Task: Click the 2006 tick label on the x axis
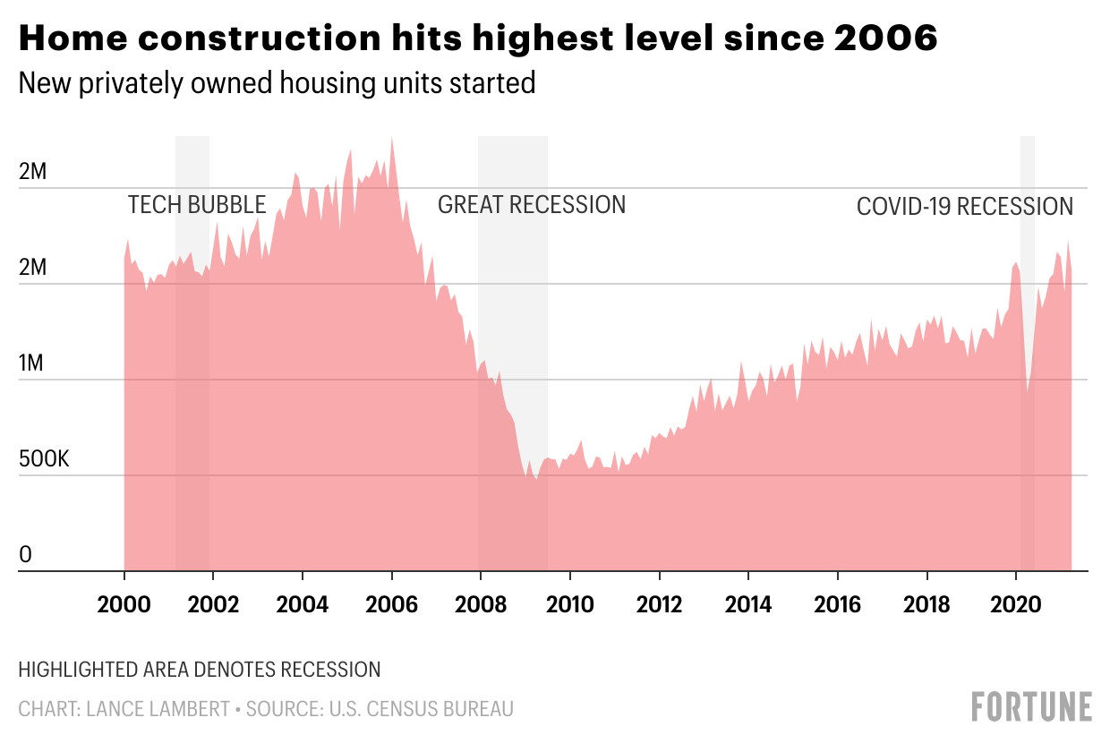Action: point(392,604)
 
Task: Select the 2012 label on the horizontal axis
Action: point(660,604)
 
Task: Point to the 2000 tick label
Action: point(124,604)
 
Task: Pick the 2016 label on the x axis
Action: point(838,604)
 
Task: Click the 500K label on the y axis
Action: point(44,460)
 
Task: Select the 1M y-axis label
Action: point(31,364)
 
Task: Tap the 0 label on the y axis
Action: point(25,556)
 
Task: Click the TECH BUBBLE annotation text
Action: point(197,205)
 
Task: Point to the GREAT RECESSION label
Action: point(532,205)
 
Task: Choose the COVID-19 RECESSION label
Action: point(965,207)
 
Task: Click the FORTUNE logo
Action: point(1032,706)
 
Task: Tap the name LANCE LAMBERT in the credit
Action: point(158,710)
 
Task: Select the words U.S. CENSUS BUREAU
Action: point(421,710)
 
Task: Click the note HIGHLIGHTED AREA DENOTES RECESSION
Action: point(200,670)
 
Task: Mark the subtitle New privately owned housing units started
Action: point(277,83)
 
